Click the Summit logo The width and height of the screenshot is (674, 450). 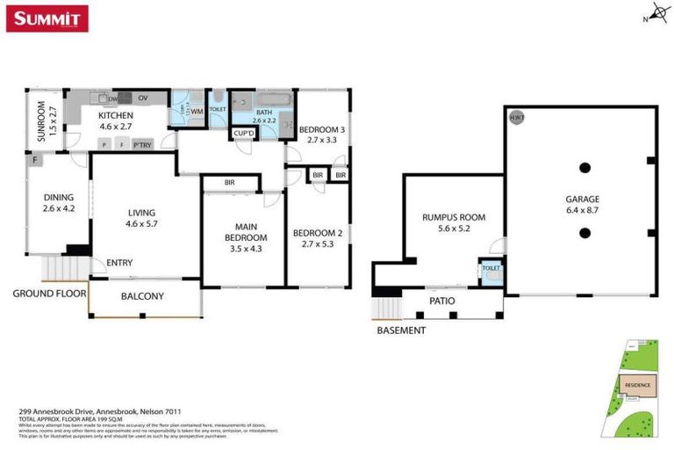coord(47,18)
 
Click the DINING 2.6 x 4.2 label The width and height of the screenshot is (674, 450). coord(59,202)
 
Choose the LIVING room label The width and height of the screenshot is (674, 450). coord(141,217)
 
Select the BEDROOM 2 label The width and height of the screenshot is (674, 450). coord(314,237)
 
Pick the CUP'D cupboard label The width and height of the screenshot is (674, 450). coord(243,134)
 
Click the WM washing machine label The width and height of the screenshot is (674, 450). coord(197,111)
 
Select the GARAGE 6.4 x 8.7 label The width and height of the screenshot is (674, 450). coord(583,205)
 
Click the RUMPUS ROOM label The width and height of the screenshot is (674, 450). coord(454,222)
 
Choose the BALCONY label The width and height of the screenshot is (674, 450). coord(142,296)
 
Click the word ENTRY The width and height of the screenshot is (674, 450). coord(119,263)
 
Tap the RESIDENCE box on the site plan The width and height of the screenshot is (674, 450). coord(636,385)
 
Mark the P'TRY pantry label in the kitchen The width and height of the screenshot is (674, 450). coord(140,145)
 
